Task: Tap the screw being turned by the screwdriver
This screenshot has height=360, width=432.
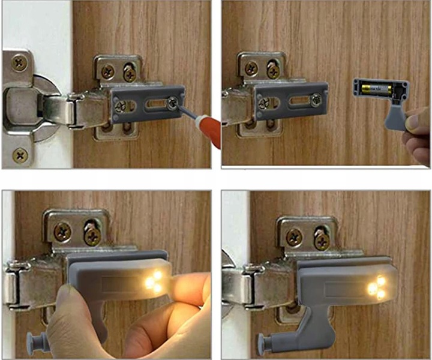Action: pyautogui.click(x=175, y=103)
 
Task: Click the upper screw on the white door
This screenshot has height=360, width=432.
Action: pyautogui.click(x=19, y=61)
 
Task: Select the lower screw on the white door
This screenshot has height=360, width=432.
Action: pyautogui.click(x=20, y=155)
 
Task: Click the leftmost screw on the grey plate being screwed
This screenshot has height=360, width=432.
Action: pyautogui.click(x=121, y=107)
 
